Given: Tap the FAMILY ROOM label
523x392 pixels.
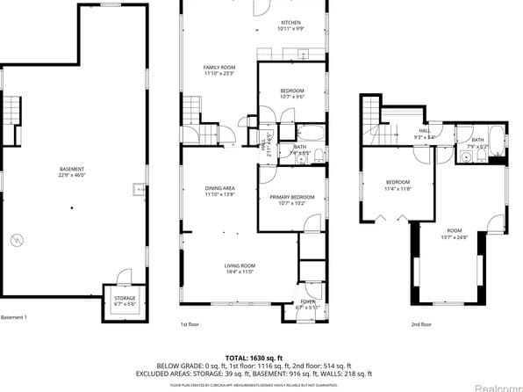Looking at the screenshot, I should point(219,70).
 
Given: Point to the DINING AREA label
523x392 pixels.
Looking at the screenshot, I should point(219,191).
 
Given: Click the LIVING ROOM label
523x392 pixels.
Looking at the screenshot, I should point(239,268).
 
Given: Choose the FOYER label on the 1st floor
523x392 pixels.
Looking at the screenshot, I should point(307,304).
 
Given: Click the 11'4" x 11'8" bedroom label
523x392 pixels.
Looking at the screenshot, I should point(398,185).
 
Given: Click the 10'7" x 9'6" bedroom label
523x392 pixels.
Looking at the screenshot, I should point(292,94).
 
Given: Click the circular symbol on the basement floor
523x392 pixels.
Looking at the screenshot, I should point(15,240).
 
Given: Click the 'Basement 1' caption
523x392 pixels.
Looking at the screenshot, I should point(14,317).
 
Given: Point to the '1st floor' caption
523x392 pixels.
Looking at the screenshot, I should point(190,324).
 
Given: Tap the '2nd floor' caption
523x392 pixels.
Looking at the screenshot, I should point(421,324).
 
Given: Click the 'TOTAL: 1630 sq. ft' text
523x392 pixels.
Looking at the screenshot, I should point(261,358).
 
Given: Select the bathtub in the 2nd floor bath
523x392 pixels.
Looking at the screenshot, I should point(496,139).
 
